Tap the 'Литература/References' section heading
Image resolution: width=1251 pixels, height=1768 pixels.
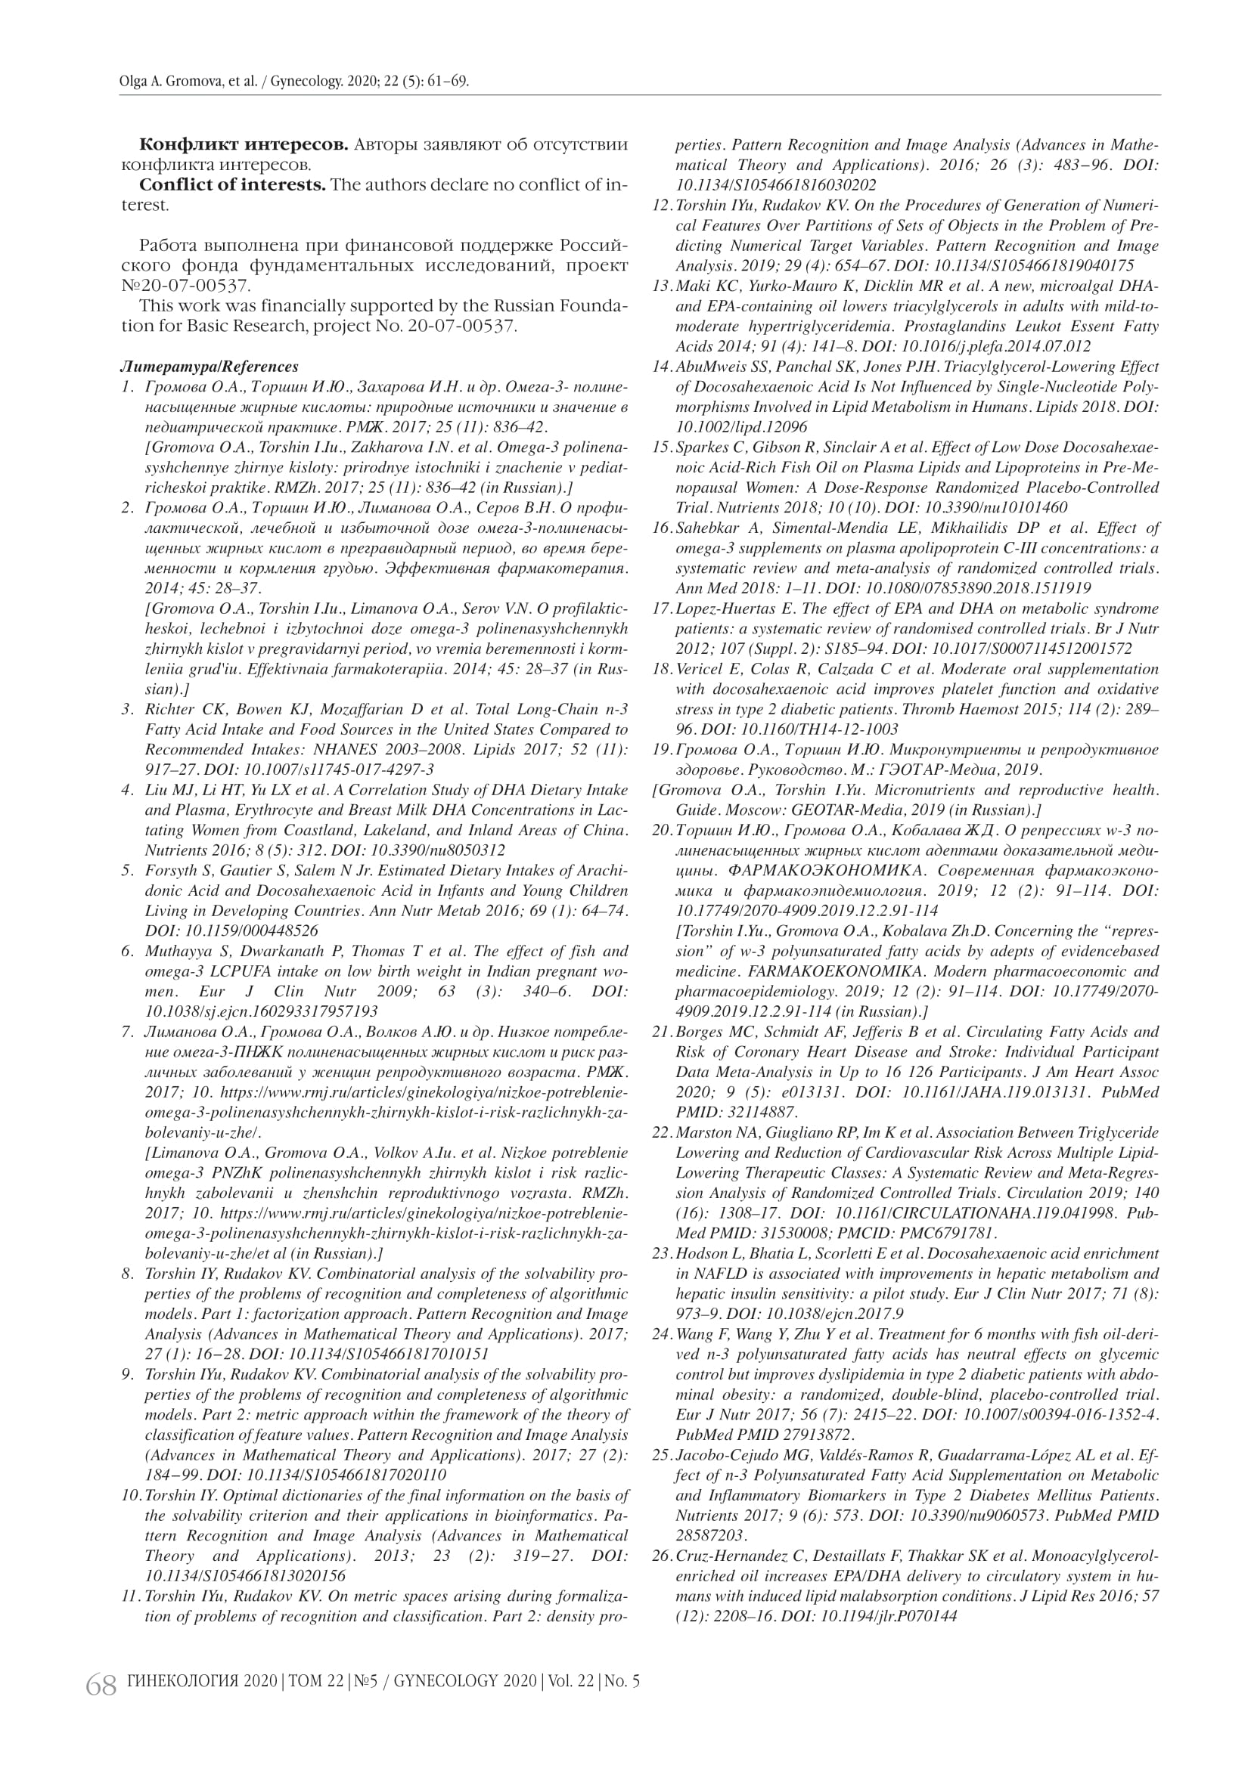[210, 367]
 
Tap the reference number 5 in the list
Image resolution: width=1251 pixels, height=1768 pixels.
[129, 871]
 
